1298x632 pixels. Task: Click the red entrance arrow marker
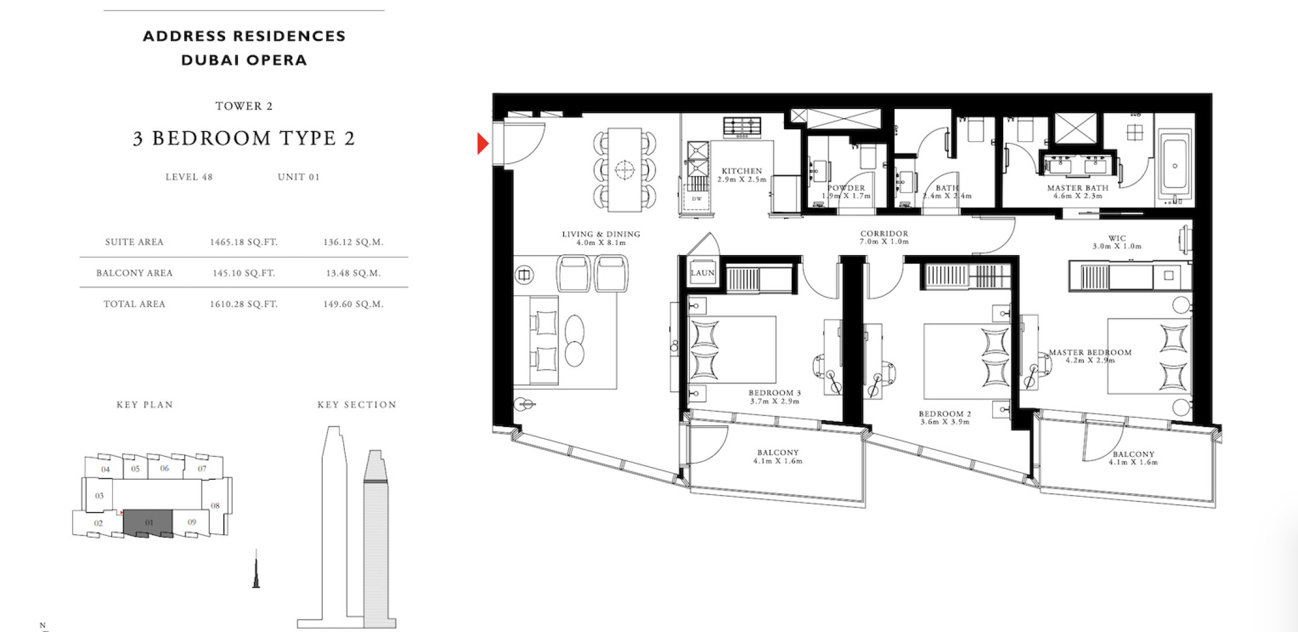[x=482, y=143]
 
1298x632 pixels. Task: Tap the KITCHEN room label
[x=742, y=171]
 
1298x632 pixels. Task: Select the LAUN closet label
[x=702, y=273]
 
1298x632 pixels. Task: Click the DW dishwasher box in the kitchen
[x=696, y=198]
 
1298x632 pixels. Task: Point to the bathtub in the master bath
[x=1175, y=167]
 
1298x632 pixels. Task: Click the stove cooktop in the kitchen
[x=742, y=127]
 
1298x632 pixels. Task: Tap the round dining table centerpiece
[x=624, y=170]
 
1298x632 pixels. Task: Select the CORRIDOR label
[x=884, y=233]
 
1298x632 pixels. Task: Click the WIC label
[x=1117, y=238]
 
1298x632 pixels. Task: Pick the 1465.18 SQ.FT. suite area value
[x=244, y=242]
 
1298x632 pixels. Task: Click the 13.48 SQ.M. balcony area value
[x=353, y=273]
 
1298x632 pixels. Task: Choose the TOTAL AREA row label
[x=134, y=304]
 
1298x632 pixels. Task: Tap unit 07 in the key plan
[x=202, y=469]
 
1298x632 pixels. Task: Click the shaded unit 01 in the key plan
[x=149, y=522]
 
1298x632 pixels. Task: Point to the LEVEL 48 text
[x=189, y=177]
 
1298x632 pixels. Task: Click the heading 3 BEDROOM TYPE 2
[x=244, y=138]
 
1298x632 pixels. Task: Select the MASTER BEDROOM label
[x=1090, y=352]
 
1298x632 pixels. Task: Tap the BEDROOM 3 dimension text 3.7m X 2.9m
[x=775, y=401]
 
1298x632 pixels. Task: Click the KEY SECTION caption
[x=357, y=404]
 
